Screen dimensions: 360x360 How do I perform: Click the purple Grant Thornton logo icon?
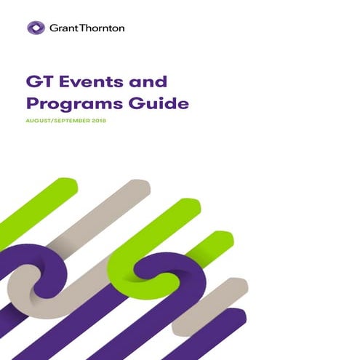[x=36, y=28]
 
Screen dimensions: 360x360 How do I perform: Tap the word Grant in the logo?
[x=64, y=28]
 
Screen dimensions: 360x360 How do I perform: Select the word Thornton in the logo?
[x=102, y=28]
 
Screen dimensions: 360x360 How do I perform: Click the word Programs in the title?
[x=82, y=104]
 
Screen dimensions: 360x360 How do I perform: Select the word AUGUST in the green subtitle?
[x=46, y=121]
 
